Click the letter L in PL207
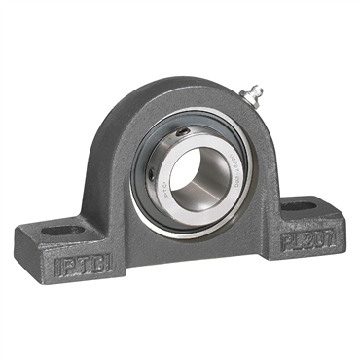click(293, 241)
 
